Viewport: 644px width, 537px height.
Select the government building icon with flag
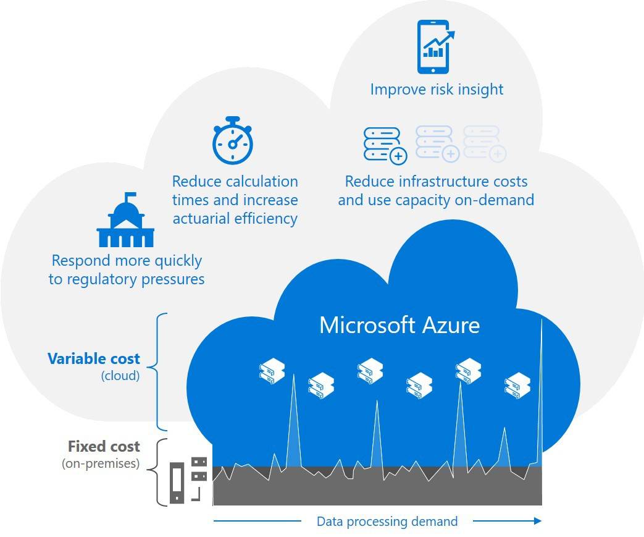click(x=125, y=221)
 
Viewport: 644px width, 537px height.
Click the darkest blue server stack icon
click(x=385, y=145)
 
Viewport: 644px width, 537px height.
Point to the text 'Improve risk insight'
click(x=437, y=90)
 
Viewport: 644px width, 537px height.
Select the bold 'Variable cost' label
click(x=94, y=359)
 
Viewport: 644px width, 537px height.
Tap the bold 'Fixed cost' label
click(x=104, y=447)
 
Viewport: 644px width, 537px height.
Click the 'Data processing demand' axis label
click(x=387, y=522)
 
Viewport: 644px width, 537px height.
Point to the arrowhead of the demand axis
click(x=537, y=521)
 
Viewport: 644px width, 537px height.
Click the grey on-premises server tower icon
click(x=177, y=482)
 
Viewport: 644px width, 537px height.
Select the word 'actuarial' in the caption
click(x=204, y=219)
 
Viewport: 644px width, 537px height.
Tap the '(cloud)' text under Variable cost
click(x=120, y=375)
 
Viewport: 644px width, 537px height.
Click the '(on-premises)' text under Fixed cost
click(x=101, y=463)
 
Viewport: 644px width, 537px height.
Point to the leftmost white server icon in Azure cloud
click(x=272, y=372)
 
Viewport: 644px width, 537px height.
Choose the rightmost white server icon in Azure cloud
click(x=517, y=385)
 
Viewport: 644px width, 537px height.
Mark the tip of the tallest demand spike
click(x=542, y=319)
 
